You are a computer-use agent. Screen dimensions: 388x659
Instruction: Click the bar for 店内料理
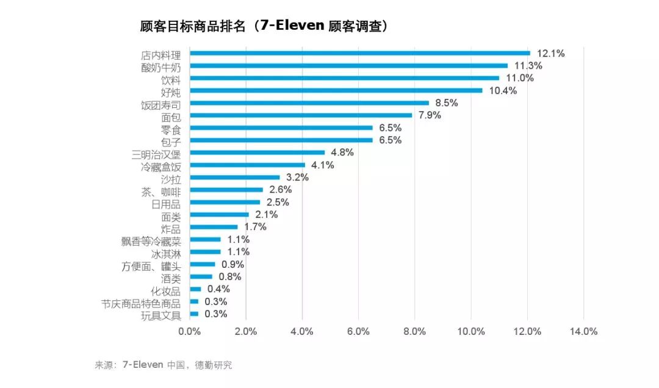point(360,53)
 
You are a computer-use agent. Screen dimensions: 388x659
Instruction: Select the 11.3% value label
point(528,66)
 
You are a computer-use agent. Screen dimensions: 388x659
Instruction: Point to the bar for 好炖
point(336,90)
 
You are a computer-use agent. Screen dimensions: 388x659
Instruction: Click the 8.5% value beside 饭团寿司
point(446,103)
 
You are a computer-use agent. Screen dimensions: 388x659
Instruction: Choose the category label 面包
point(171,116)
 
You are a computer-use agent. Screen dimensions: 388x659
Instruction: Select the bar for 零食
point(281,128)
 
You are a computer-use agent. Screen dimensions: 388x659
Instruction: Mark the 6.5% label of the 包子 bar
point(390,140)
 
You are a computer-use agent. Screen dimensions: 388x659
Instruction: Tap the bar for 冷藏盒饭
point(247,165)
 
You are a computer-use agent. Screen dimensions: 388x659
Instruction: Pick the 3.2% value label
point(297,178)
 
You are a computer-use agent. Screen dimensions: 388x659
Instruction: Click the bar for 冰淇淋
point(205,251)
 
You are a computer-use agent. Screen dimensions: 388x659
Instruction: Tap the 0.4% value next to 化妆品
point(218,289)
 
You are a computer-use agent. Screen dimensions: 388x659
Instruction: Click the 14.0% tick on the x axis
point(583,331)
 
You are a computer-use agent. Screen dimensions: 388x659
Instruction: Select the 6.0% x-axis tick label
point(358,331)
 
